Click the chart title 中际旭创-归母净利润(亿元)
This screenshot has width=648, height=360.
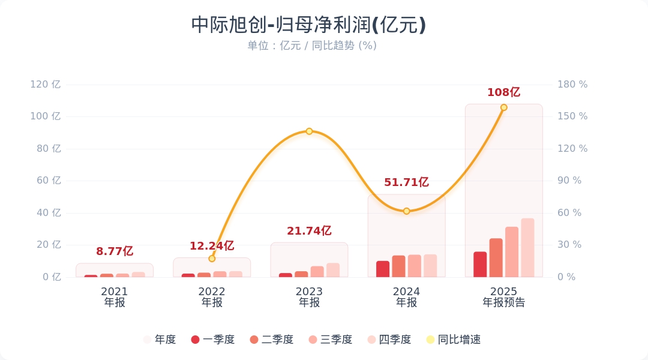pyautogui.click(x=308, y=25)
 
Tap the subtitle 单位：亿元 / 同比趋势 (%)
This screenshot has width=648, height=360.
pyautogui.click(x=312, y=46)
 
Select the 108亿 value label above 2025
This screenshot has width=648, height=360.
pyautogui.click(x=503, y=92)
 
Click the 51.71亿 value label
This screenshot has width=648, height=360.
pyautogui.click(x=406, y=182)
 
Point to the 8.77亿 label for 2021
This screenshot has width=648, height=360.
pyautogui.click(x=115, y=251)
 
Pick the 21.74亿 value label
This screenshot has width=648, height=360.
pyautogui.click(x=309, y=231)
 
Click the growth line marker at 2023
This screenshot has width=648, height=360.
pyautogui.click(x=309, y=131)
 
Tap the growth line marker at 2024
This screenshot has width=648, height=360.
pyautogui.click(x=406, y=211)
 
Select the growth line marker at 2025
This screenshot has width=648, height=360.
pyautogui.click(x=503, y=108)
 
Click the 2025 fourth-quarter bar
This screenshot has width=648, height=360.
pyautogui.click(x=527, y=248)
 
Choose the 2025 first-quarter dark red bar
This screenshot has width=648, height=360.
pyautogui.click(x=480, y=265)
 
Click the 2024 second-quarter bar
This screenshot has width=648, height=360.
pyautogui.click(x=398, y=266)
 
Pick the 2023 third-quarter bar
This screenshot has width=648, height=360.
pyautogui.click(x=317, y=272)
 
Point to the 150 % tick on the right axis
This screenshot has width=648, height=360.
pyautogui.click(x=572, y=116)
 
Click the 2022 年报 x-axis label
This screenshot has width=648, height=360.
pyautogui.click(x=212, y=297)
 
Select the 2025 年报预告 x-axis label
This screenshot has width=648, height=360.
pyautogui.click(x=503, y=297)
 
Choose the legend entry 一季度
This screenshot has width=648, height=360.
pyautogui.click(x=212, y=340)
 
